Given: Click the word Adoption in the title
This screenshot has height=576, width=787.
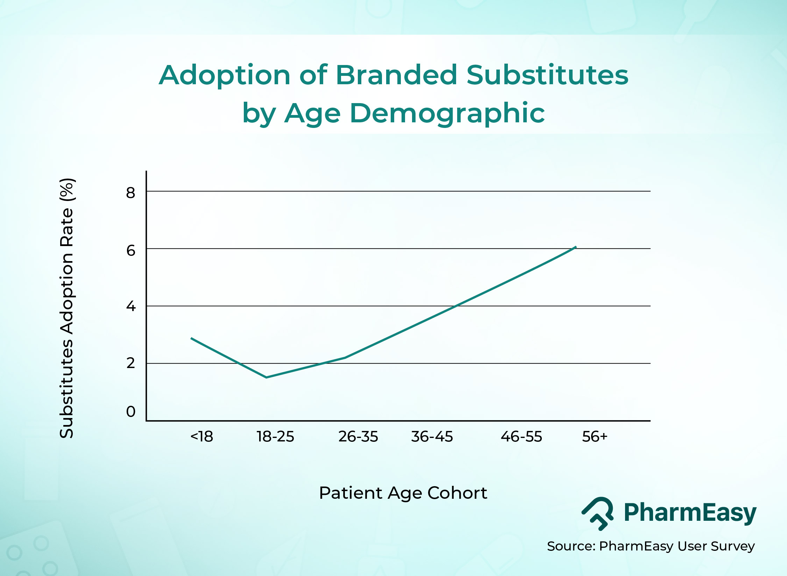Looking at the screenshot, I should (x=225, y=75).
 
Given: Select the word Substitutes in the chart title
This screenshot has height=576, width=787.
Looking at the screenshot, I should (x=547, y=75).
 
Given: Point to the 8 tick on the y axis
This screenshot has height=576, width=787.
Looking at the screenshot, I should (x=130, y=193).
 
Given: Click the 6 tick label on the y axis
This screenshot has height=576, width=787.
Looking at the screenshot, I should (x=130, y=250).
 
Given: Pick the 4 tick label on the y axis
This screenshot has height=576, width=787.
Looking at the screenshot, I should (x=130, y=307).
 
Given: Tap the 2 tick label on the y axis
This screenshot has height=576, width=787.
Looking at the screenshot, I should (x=130, y=363).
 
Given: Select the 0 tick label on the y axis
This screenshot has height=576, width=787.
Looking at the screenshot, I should (x=130, y=412).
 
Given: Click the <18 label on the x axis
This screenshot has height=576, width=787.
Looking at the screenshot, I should (x=202, y=437).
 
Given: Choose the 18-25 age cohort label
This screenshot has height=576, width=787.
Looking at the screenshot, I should (x=275, y=437).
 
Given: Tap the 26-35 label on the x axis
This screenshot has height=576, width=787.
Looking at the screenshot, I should (x=358, y=437).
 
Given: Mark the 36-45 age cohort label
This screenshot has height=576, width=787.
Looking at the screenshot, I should (x=432, y=437).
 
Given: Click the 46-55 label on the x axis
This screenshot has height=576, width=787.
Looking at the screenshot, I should (x=521, y=437).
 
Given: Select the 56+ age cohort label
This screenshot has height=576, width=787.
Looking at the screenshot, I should (x=595, y=437).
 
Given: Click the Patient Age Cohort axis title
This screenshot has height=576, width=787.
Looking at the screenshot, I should (x=403, y=493).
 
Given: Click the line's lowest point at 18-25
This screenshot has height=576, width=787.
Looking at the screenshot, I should (x=266, y=377).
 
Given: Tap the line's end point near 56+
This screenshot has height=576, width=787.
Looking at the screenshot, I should (x=575, y=247).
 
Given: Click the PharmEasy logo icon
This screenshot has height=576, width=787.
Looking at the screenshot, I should (x=597, y=513).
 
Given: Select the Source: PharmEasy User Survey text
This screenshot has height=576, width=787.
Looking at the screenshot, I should (x=651, y=546).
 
